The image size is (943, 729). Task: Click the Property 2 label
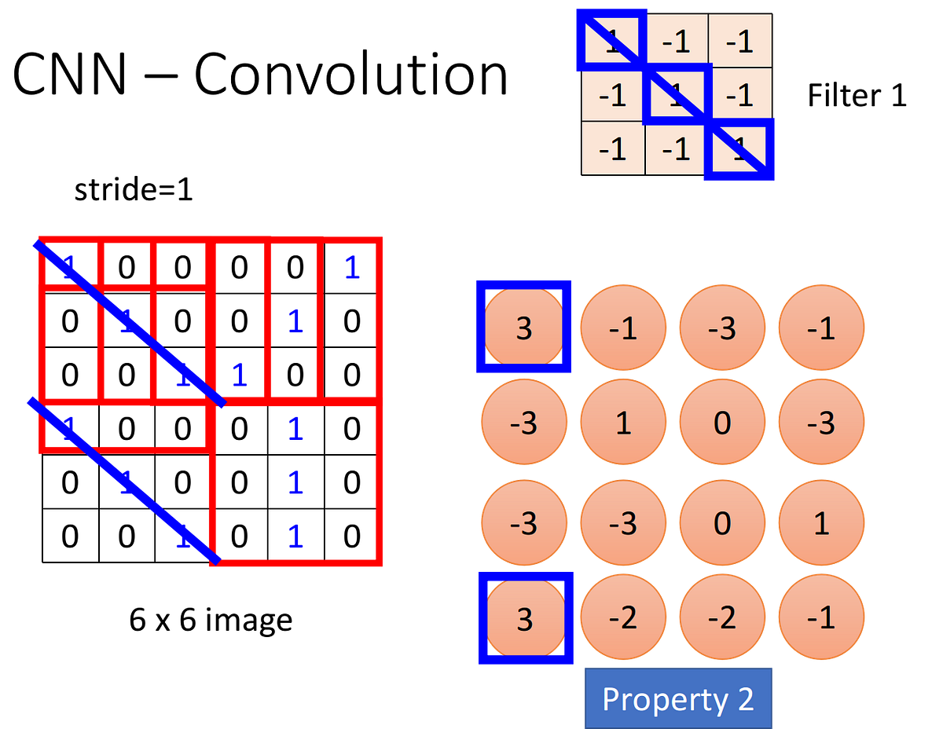point(678,698)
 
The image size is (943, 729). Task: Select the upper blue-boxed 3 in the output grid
point(524,327)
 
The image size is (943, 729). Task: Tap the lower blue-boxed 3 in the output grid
point(524,618)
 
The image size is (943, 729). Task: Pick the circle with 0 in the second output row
point(721,424)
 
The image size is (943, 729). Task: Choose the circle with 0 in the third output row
point(721,522)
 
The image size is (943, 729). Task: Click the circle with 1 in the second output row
point(623,424)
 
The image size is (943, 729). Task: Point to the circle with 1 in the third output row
point(821,522)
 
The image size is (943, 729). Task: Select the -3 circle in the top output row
point(721,327)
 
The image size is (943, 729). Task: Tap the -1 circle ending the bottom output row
point(821,618)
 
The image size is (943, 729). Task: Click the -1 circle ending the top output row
point(821,327)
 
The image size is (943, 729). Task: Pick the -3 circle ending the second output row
point(821,424)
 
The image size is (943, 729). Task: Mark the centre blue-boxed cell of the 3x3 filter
point(677,96)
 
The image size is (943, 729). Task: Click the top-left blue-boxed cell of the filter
point(611,41)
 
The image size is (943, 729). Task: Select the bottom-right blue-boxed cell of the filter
point(739,151)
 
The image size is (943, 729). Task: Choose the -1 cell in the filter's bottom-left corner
point(612,148)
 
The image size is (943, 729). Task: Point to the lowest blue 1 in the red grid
point(295,536)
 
